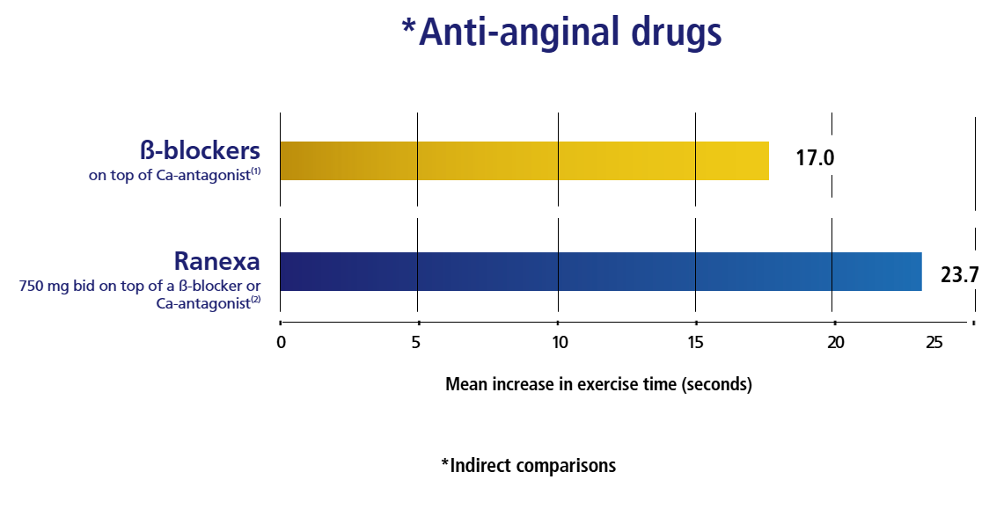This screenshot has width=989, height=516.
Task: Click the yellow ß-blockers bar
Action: [x=524, y=161]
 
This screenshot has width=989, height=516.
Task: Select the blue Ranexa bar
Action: [x=600, y=272]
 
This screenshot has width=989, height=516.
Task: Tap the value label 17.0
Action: [x=815, y=157]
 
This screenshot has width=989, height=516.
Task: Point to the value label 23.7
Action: [x=959, y=274]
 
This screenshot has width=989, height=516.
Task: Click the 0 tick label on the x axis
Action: [x=282, y=342]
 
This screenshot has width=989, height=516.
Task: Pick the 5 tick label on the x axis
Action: [x=415, y=342]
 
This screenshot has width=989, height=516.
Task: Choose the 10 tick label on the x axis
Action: [x=560, y=342]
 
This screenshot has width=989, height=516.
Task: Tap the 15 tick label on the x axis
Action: [x=696, y=342]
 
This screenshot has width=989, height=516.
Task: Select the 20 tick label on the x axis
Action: [x=836, y=342]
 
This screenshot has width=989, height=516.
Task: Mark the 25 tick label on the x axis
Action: [x=934, y=342]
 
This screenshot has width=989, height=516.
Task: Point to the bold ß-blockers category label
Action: [x=200, y=150]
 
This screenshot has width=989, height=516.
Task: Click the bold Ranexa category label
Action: [x=217, y=261]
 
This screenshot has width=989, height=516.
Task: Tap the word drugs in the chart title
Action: [x=676, y=32]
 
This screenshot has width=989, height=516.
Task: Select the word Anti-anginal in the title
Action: [x=520, y=32]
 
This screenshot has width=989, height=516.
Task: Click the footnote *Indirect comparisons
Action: [x=529, y=465]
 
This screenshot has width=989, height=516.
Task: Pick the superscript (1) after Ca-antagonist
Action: [x=256, y=171]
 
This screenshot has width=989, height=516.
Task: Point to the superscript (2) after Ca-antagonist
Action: [x=256, y=299]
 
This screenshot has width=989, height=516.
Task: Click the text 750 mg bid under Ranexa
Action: [x=57, y=286]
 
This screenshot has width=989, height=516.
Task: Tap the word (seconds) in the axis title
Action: [x=716, y=383]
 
